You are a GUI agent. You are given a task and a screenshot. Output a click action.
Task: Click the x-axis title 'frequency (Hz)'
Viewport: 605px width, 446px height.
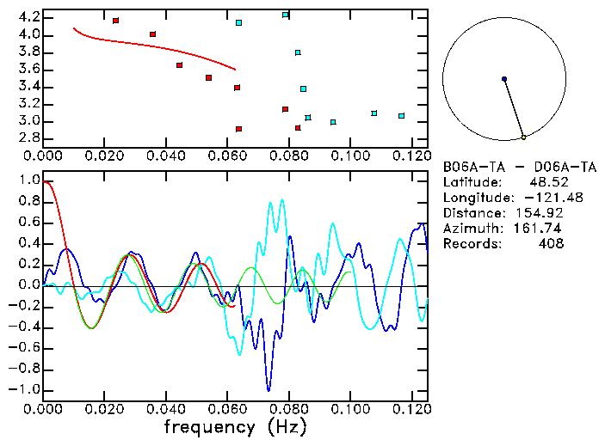pyautogui.click(x=234, y=427)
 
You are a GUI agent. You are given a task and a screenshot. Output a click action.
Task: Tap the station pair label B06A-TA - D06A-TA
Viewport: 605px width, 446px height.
pyautogui.click(x=519, y=167)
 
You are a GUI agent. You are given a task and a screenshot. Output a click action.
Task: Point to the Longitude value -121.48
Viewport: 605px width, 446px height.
pyautogui.click(x=535, y=198)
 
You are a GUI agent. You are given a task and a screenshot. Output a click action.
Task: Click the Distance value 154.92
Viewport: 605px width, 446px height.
pyautogui.click(x=539, y=213)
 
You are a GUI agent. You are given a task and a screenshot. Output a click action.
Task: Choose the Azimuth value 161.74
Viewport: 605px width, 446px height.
pyautogui.click(x=539, y=229)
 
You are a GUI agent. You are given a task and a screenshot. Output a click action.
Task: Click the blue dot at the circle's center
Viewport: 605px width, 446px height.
pyautogui.click(x=504, y=79)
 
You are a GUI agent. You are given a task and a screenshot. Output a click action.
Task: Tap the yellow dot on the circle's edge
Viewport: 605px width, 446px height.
pyautogui.click(x=523, y=137)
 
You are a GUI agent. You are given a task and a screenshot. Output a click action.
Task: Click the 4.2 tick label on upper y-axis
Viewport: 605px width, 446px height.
pyautogui.click(x=28, y=17)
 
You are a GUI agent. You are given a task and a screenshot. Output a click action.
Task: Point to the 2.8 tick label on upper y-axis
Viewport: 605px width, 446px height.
pyautogui.click(x=28, y=137)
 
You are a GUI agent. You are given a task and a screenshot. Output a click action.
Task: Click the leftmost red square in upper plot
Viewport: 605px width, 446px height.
pyautogui.click(x=115, y=21)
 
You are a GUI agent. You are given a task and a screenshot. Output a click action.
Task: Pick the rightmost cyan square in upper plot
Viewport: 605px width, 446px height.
pyautogui.click(x=401, y=115)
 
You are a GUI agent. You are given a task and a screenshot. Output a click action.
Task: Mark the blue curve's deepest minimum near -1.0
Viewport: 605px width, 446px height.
pyautogui.click(x=269, y=389)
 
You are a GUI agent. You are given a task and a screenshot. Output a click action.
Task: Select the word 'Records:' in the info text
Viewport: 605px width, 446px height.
pyautogui.click(x=471, y=244)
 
